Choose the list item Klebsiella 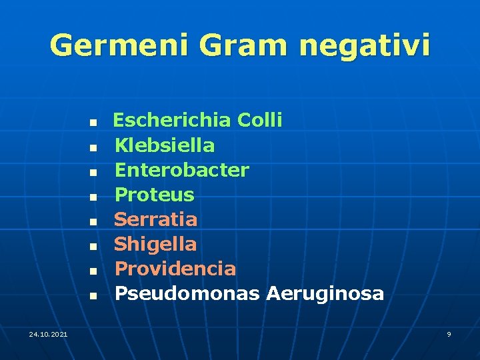coord(165,145)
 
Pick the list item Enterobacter coord(182,170)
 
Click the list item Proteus coord(154,195)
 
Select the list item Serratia coord(156,219)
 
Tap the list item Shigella coord(156,244)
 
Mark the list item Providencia coord(175,269)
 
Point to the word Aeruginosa coord(325,293)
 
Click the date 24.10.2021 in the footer coord(48,333)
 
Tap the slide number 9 coord(449,333)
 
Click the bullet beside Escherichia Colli coord(94,123)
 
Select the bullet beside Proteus coord(94,197)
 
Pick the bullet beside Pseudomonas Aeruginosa coord(94,295)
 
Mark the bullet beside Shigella coord(94,246)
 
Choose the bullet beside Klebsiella coord(94,147)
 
